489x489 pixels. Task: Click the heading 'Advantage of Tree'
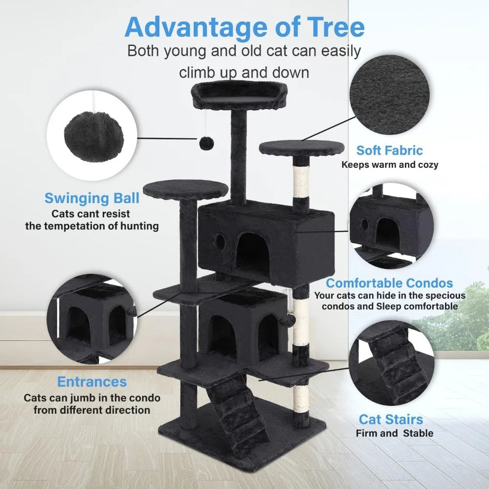tap(244, 27)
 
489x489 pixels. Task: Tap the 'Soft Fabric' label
tap(389, 150)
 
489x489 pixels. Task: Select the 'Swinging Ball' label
tap(92, 198)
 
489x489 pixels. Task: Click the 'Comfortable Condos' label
tap(389, 283)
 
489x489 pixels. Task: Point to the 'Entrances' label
tap(92, 381)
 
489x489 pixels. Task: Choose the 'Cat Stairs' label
tap(391, 419)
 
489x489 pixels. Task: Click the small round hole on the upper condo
tap(219, 240)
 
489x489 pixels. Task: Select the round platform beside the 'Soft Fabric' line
tap(302, 148)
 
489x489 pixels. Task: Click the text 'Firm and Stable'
tap(394, 433)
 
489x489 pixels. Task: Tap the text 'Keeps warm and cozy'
tap(390, 165)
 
